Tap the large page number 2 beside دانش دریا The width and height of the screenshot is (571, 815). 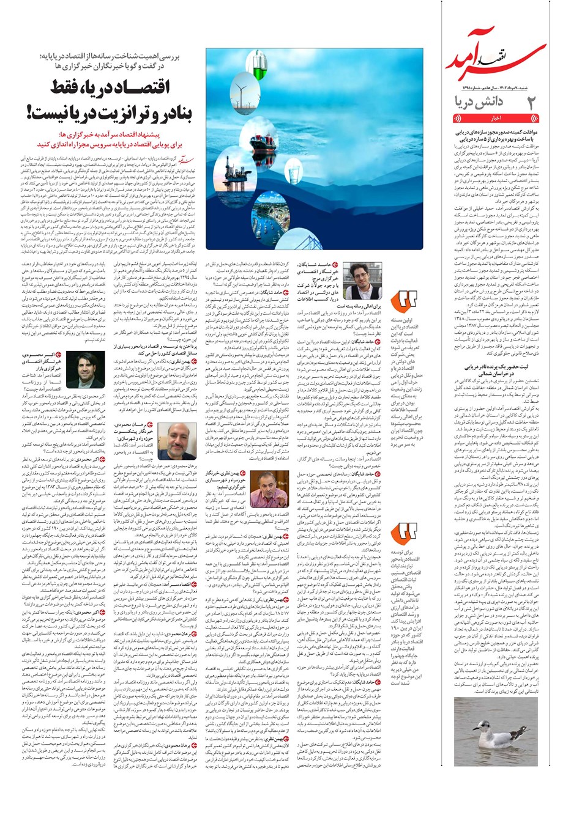click(532, 103)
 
